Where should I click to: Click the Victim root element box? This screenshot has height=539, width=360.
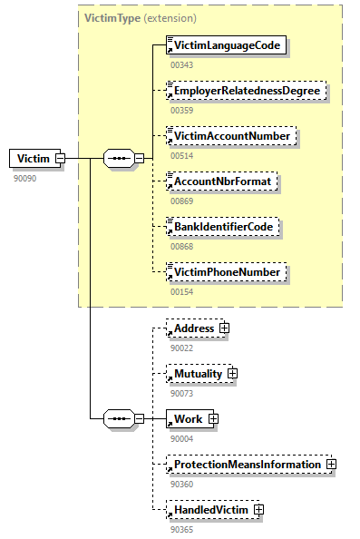click(32, 159)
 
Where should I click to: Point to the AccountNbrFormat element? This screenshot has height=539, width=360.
click(220, 181)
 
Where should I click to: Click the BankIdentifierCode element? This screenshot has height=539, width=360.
click(223, 226)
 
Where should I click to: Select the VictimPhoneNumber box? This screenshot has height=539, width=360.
click(227, 271)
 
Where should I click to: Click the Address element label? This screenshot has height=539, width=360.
click(194, 328)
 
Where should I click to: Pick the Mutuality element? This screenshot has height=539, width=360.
click(198, 373)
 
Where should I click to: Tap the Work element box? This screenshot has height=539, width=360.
click(188, 418)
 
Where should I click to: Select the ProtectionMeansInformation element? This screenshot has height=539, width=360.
click(246, 465)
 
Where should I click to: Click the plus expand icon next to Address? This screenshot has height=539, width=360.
click(223, 328)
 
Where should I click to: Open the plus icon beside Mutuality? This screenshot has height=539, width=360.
click(232, 373)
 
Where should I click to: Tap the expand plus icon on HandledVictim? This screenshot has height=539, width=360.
click(258, 510)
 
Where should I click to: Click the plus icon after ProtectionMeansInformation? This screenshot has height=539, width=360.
click(331, 465)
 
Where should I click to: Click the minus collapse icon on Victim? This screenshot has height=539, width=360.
click(60, 159)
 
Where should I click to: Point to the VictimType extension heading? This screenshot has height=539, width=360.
click(140, 17)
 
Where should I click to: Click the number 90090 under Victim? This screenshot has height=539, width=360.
click(24, 179)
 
